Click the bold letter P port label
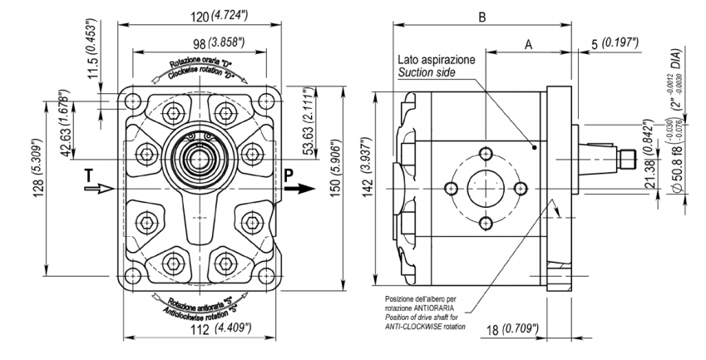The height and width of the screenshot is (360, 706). (289, 175)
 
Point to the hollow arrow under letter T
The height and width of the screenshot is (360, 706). (96, 189)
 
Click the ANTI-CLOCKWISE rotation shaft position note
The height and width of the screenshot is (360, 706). (424, 313)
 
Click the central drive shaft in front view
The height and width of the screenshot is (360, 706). (200, 155)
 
